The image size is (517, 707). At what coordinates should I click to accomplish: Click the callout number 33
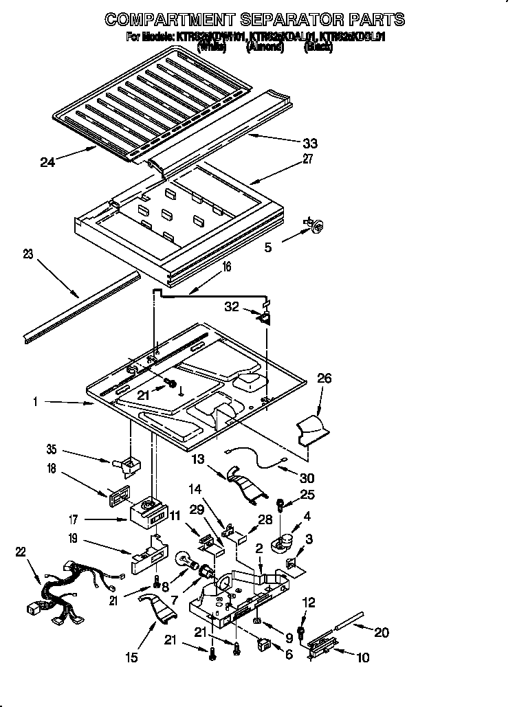tap(310, 143)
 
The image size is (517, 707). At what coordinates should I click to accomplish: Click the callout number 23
tap(27, 254)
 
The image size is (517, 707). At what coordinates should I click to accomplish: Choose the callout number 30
tap(307, 478)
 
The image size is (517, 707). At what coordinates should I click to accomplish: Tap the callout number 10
tap(362, 658)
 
